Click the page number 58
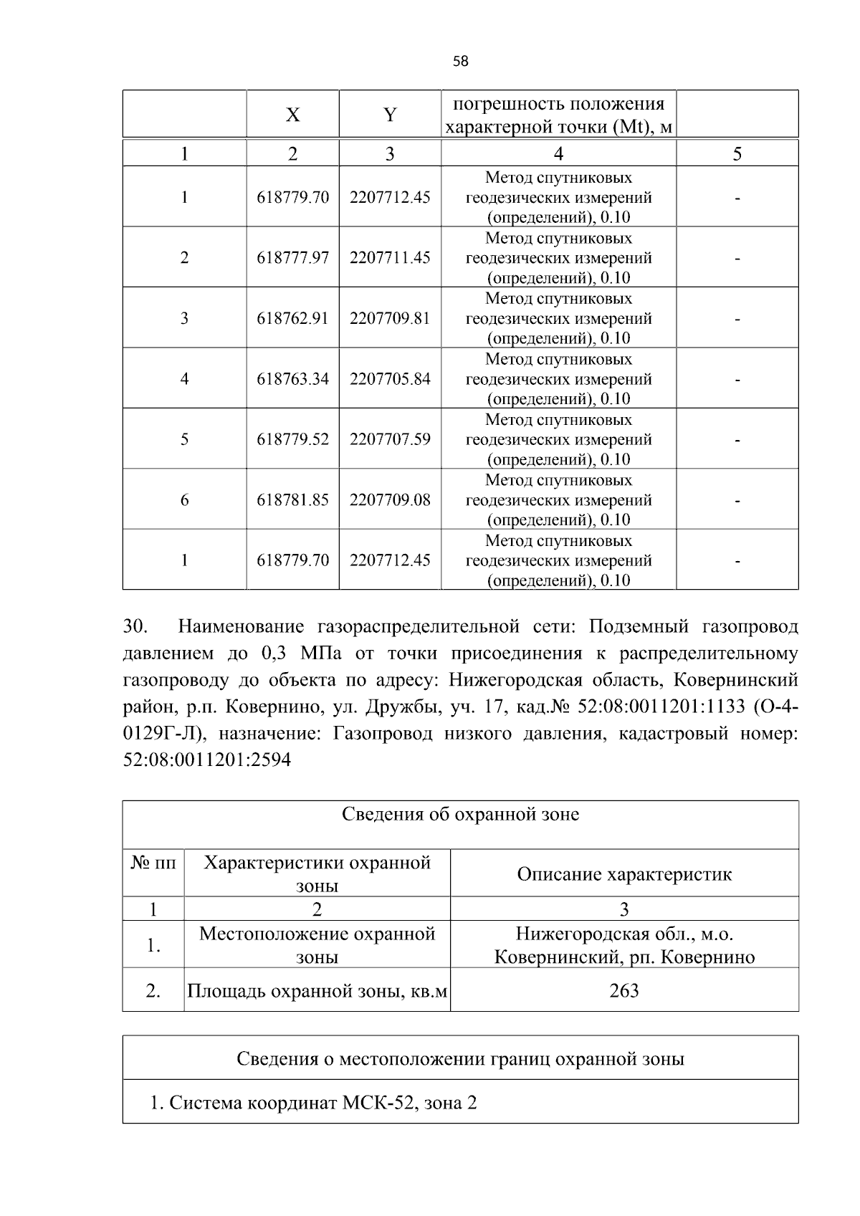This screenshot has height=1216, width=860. [x=461, y=62]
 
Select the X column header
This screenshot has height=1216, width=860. [x=292, y=115]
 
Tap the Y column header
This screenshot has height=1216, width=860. [x=389, y=115]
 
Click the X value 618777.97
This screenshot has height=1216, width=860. [x=292, y=257]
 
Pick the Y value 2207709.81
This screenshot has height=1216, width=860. [x=390, y=318]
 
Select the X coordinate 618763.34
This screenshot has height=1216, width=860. [x=292, y=378]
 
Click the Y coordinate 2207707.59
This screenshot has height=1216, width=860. [x=390, y=439]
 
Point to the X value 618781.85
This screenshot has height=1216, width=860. [x=292, y=499]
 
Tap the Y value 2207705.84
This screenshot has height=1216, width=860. [x=390, y=378]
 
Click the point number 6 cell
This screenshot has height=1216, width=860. [x=184, y=499]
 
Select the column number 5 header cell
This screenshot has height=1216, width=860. [x=737, y=153]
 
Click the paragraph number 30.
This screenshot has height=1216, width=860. [x=135, y=627]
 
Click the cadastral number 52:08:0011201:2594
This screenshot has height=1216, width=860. [x=207, y=760]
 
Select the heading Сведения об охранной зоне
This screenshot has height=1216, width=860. [x=460, y=814]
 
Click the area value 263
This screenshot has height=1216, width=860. [x=623, y=990]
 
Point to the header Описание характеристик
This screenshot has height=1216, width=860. [x=623, y=873]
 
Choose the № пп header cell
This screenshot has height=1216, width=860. [x=153, y=863]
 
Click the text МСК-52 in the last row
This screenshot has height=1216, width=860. [x=380, y=1103]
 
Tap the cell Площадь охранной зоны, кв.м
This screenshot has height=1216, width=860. [x=317, y=991]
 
